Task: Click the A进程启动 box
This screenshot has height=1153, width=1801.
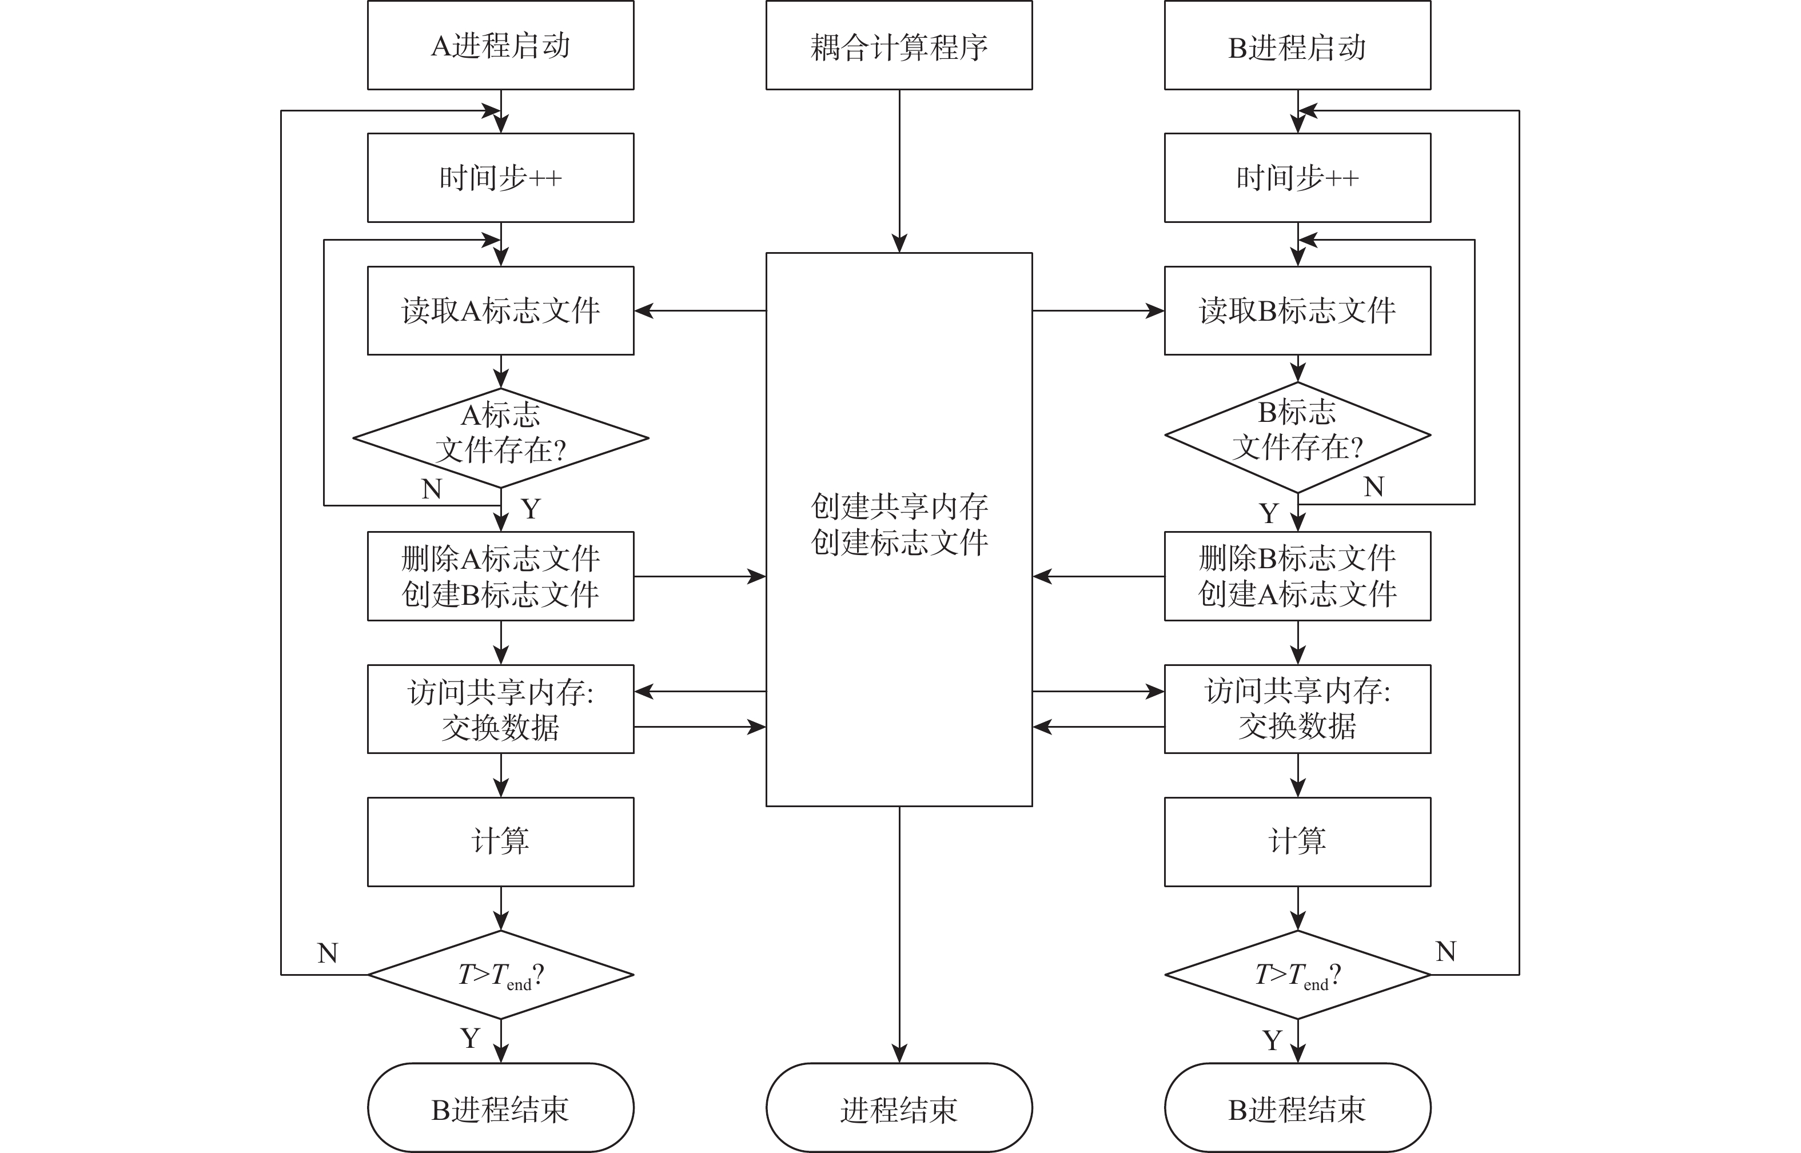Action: click(500, 46)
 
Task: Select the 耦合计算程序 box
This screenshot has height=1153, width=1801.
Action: click(899, 46)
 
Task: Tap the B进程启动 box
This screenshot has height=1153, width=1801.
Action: click(1297, 46)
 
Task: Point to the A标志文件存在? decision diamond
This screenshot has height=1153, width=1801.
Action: click(500, 437)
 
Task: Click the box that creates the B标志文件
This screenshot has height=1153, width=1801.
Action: click(500, 576)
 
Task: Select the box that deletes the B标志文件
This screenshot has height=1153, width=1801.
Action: click(1297, 576)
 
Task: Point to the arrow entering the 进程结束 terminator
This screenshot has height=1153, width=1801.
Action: click(899, 936)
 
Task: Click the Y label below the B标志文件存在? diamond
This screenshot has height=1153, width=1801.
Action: click(1269, 513)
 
